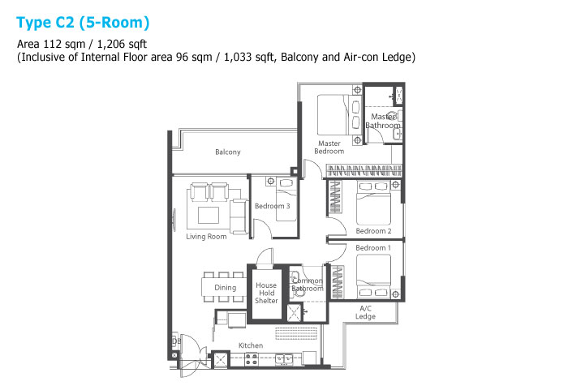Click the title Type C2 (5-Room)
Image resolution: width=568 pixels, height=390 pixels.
coord(83,23)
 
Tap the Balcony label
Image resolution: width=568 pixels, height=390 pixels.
coord(228,152)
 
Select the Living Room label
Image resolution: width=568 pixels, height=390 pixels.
coord(206,237)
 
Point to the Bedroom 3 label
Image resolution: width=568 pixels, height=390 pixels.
coord(273,206)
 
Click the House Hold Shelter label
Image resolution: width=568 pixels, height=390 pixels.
coord(266,293)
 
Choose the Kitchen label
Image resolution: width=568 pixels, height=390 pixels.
coord(251,345)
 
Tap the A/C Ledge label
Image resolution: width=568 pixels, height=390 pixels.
coord(365,312)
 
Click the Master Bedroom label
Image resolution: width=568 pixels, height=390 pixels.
coord(329,148)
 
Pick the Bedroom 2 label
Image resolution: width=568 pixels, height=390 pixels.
coord(373,231)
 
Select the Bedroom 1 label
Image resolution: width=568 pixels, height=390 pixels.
coord(373,248)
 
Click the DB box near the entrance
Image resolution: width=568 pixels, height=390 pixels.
coord(176,341)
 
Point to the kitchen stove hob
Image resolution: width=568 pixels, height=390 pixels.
coord(252,359)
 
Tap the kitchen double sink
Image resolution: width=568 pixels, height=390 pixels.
coord(284,359)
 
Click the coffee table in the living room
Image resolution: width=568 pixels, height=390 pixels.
coord(209,215)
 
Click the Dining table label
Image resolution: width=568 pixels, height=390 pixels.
coord(226,288)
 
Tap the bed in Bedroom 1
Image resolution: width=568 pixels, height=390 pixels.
coord(374,276)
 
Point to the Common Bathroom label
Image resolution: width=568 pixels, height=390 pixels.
coord(308,285)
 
